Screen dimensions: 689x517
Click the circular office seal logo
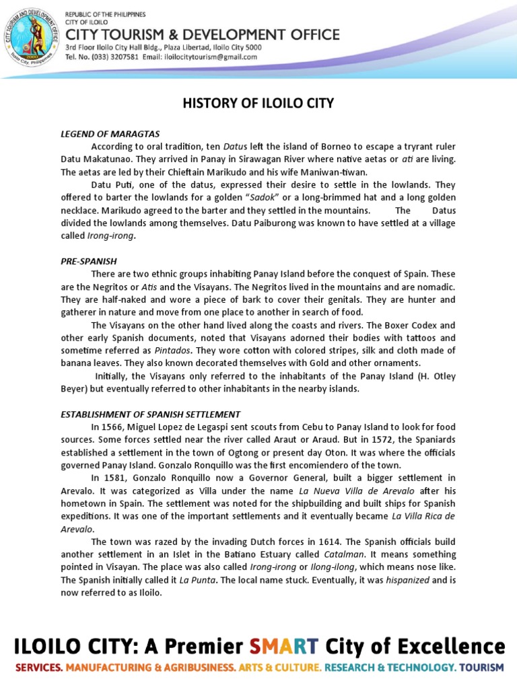(32, 35)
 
